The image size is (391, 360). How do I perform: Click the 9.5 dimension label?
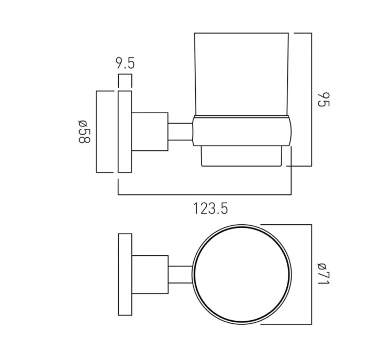click(x=125, y=64)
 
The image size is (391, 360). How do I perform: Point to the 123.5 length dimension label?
click(x=210, y=208)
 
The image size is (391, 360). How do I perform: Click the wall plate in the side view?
click(x=125, y=132)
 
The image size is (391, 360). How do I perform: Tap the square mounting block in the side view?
click(x=149, y=132)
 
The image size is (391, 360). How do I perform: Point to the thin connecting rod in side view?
click(x=180, y=132)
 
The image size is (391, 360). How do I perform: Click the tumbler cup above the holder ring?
click(x=242, y=73)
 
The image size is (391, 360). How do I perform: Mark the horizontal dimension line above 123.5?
click(x=204, y=194)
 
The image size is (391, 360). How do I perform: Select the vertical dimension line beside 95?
click(x=312, y=99)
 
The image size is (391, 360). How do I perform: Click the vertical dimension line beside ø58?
click(x=96, y=132)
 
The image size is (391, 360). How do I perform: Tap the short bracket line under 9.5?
click(x=125, y=75)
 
